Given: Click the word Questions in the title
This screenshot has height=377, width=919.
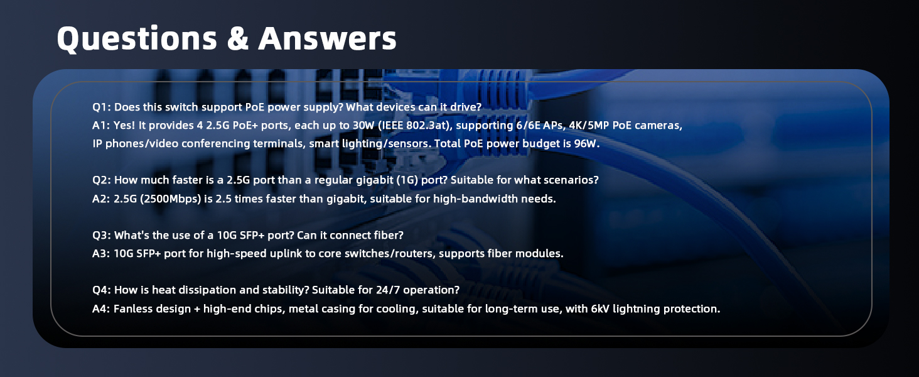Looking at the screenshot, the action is tap(137, 38).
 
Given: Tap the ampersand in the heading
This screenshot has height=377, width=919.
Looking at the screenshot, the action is tap(237, 38).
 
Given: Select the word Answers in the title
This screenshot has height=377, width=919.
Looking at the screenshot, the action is tap(328, 38).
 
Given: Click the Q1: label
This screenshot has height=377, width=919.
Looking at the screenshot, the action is tap(102, 107).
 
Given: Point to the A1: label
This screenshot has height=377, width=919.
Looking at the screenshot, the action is tap(101, 125).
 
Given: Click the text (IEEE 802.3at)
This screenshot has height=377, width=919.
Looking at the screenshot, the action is tap(414, 125).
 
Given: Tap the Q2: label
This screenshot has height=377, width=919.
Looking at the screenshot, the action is tap(102, 180).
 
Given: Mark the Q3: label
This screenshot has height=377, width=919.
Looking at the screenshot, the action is tap(102, 236).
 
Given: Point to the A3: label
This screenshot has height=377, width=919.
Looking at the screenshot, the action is tap(101, 253).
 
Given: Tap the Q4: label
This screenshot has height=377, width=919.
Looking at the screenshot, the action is tap(102, 290).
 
